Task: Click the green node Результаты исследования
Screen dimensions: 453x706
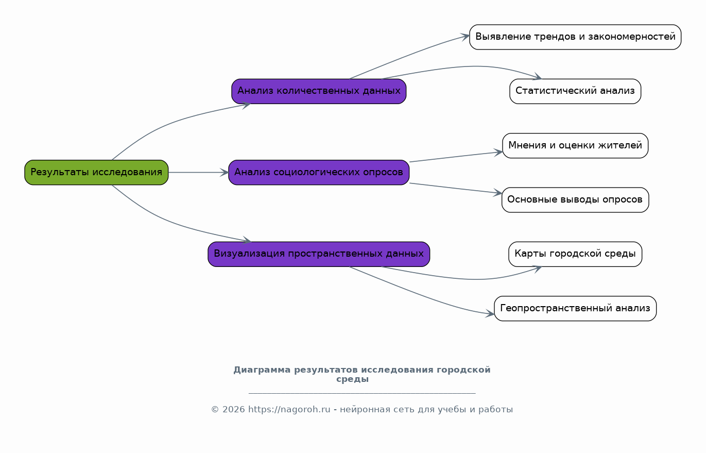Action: (96, 172)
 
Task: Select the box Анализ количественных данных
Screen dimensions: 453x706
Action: (319, 91)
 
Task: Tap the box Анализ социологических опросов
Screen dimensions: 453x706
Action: (319, 172)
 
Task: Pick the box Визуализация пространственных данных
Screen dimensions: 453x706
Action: (319, 254)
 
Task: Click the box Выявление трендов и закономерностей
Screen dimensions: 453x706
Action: (575, 37)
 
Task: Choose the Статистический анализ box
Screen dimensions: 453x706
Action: (575, 91)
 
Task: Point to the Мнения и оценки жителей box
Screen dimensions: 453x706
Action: (575, 145)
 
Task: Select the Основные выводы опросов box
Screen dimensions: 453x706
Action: (575, 200)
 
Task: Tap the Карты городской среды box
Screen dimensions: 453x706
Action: (575, 254)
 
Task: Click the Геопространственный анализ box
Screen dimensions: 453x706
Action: (575, 308)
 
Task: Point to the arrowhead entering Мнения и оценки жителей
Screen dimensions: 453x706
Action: (499, 152)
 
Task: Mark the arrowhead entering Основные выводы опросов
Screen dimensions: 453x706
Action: (498, 193)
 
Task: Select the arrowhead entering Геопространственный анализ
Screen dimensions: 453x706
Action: (491, 314)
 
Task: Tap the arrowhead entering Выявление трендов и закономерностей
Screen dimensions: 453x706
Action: (466, 36)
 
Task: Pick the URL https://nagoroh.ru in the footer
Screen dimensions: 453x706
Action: (289, 410)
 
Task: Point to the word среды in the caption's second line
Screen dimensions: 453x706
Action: (352, 379)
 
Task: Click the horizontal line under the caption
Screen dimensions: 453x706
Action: (361, 393)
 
